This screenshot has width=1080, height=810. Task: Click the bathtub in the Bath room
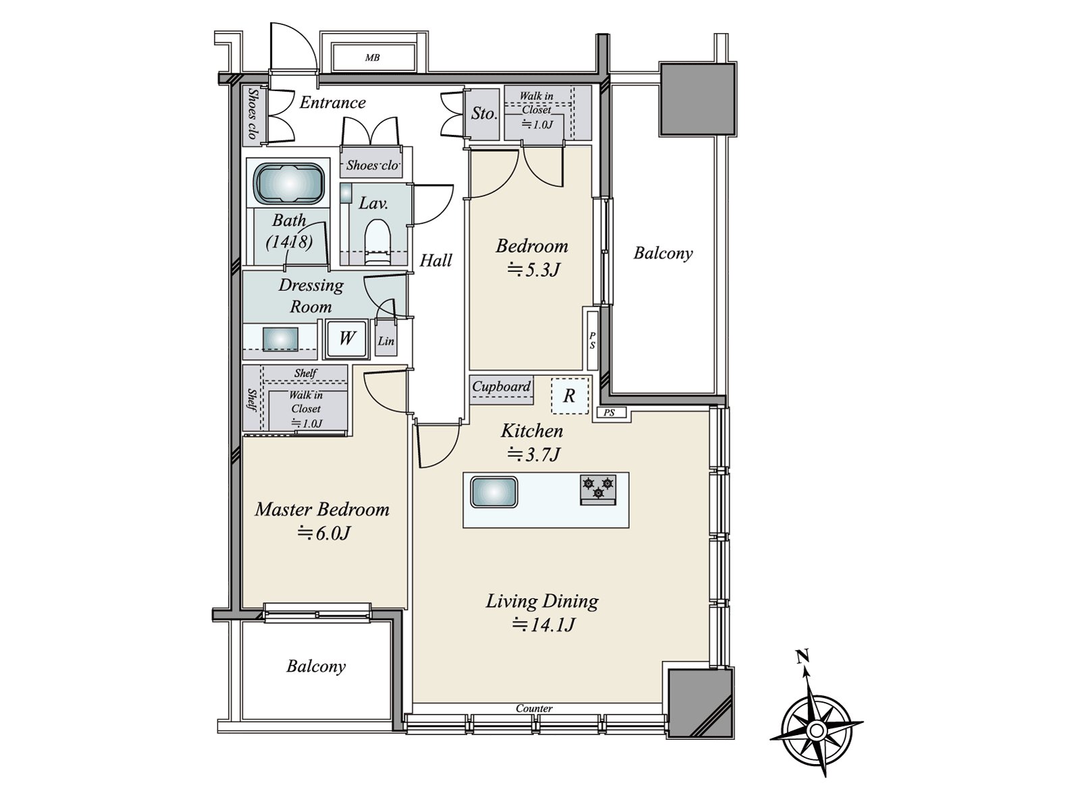pyautogui.click(x=290, y=183)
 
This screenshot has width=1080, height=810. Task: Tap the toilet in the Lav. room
pyautogui.click(x=377, y=242)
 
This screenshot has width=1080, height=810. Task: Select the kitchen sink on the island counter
pyautogui.click(x=494, y=492)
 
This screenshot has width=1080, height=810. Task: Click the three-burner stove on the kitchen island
pyautogui.click(x=598, y=490)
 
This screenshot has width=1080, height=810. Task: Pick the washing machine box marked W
pyautogui.click(x=346, y=339)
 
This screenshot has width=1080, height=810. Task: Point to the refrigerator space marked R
pyautogui.click(x=569, y=396)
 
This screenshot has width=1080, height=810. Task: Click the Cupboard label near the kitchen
pyautogui.click(x=502, y=386)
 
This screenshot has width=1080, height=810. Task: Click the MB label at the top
pyautogui.click(x=373, y=57)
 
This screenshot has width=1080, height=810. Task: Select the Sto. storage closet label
pyautogui.click(x=484, y=113)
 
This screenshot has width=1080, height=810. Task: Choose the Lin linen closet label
pyautogui.click(x=385, y=340)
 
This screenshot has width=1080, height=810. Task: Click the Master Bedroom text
pyautogui.click(x=322, y=510)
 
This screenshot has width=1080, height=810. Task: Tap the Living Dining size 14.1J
pyautogui.click(x=543, y=624)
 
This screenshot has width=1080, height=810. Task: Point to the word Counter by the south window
pyautogui.click(x=534, y=708)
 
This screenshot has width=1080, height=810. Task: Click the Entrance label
pyautogui.click(x=333, y=103)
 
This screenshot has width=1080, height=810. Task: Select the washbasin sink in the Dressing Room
pyautogui.click(x=280, y=339)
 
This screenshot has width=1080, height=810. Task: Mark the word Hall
pyautogui.click(x=435, y=260)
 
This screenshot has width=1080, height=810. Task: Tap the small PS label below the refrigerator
pyautogui.click(x=609, y=412)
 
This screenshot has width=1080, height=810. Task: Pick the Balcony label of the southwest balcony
pyautogui.click(x=316, y=666)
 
